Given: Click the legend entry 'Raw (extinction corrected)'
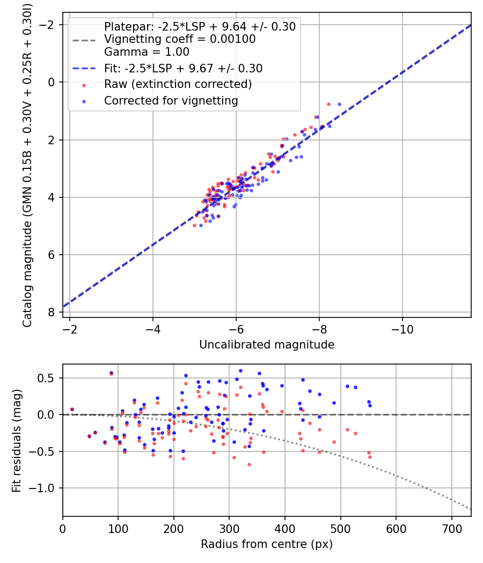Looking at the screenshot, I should click(x=178, y=84).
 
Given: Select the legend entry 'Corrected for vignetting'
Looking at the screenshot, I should click(x=171, y=100).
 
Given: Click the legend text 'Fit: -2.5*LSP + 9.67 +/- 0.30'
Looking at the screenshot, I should click(x=183, y=69).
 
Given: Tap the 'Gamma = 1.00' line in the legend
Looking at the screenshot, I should click(x=147, y=52).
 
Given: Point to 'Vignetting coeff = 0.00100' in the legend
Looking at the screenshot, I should click(x=180, y=39).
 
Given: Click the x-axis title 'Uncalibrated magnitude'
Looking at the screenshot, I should click(x=267, y=345).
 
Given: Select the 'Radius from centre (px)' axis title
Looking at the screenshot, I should click(x=267, y=544).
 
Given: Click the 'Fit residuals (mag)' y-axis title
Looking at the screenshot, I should click(x=17, y=440).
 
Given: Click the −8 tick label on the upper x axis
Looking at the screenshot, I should click(x=319, y=329).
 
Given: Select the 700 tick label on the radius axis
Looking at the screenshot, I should click(x=451, y=528).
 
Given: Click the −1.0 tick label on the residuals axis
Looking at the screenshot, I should click(x=45, y=488).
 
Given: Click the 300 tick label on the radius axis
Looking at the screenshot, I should click(x=229, y=528).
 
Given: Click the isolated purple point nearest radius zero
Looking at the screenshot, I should click(x=72, y=409).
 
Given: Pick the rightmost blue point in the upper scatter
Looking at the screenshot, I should click(x=339, y=104).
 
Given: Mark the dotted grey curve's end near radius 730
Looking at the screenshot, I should click(x=470, y=509).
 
